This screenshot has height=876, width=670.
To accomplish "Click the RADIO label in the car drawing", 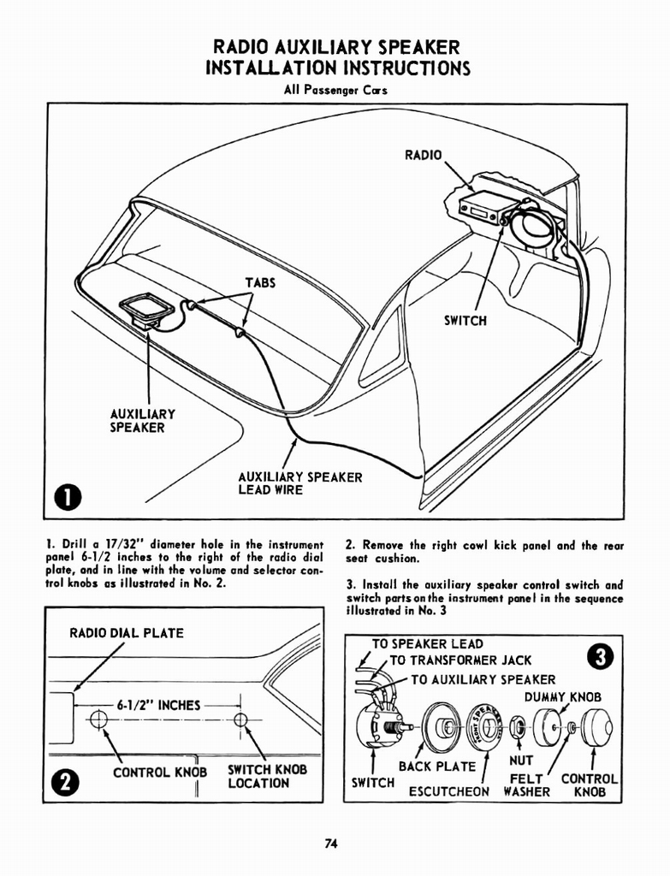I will click(x=424, y=155).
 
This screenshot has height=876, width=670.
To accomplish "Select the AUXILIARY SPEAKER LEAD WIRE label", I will click(x=299, y=483).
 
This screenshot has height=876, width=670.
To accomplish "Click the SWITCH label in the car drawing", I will click(x=465, y=321).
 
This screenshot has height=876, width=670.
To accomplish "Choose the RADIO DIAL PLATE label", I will click(x=127, y=634).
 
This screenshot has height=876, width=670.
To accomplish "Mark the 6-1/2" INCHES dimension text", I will click(x=158, y=706).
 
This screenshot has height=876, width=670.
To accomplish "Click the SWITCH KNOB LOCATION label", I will click(x=267, y=776).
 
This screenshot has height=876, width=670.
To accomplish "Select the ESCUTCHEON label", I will click(x=448, y=791).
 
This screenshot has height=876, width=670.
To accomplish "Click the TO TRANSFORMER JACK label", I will click(x=460, y=660).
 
